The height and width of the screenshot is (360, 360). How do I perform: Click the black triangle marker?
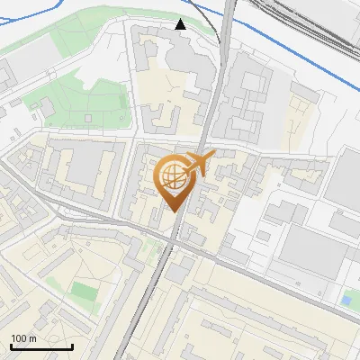[181, 24]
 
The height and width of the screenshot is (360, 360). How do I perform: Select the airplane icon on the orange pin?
[197, 165]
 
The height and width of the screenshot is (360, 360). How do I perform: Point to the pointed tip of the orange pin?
[172, 212]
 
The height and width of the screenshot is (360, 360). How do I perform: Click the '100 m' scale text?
[23, 338]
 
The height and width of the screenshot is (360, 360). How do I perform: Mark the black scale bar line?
[41, 346]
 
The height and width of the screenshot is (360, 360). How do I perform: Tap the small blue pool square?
[346, 299]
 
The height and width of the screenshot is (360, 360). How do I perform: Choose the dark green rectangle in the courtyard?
[84, 292]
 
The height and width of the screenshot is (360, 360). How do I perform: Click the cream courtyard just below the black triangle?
[166, 90]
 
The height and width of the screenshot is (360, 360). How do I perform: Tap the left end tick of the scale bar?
[11, 346]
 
